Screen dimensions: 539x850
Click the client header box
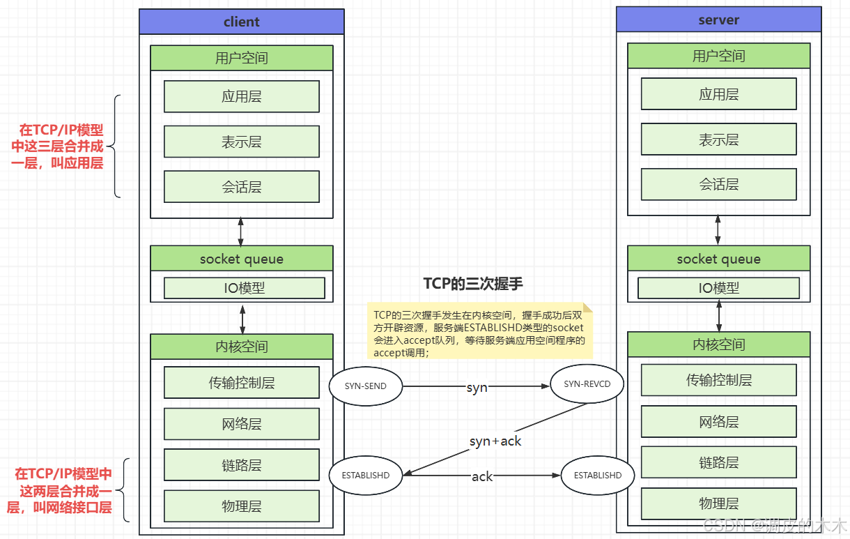pyautogui.click(x=241, y=22)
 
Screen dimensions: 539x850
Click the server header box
pyautogui.click(x=718, y=20)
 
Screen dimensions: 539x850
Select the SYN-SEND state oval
pyautogui.click(x=366, y=386)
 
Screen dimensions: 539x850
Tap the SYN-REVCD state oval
pyautogui.click(x=587, y=384)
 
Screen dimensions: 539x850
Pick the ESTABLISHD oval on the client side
pyautogui.click(x=366, y=475)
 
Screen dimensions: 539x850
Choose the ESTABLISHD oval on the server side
pyautogui.click(x=597, y=475)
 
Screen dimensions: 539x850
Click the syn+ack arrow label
pyautogui.click(x=495, y=441)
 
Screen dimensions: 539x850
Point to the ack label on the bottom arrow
pyautogui.click(x=482, y=476)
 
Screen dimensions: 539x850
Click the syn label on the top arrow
pyautogui.click(x=477, y=388)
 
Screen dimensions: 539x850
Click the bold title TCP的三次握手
pyautogui.click(x=473, y=283)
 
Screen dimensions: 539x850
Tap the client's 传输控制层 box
pyautogui.click(x=242, y=383)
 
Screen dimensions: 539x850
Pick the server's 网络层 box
pyautogui.click(x=718, y=422)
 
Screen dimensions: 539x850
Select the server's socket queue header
pyautogui.click(x=718, y=259)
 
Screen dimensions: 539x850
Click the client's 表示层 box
pyautogui.click(x=242, y=142)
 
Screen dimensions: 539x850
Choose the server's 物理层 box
pyautogui.click(x=718, y=503)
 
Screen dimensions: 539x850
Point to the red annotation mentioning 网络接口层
pyautogui.click(x=61, y=491)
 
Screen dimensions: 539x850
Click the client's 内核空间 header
pyautogui.click(x=242, y=347)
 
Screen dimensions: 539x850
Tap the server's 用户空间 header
pyautogui.click(x=718, y=56)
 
